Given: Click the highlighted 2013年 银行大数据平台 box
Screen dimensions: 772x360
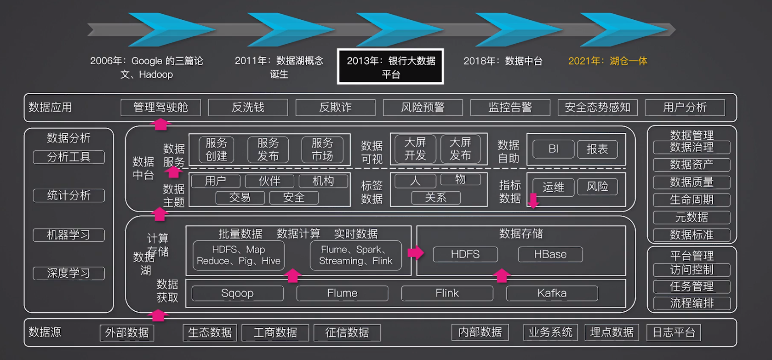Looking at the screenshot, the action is coord(390,67).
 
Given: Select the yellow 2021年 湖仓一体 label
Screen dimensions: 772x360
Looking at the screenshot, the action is coord(607,61).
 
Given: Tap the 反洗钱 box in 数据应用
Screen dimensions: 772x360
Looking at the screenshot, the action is coord(248,108).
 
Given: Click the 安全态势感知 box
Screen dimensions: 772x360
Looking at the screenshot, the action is coord(597,108).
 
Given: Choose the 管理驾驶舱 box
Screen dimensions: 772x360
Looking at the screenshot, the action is coord(160,108).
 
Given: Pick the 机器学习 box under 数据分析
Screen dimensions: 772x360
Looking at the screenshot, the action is coord(69,235).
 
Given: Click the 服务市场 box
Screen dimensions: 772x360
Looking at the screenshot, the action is coord(322,149).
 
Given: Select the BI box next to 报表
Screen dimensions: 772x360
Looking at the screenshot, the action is coord(553,149).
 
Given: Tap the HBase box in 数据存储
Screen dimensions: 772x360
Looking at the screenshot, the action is coord(550,254).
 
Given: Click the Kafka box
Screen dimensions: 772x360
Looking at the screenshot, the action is coord(552,293).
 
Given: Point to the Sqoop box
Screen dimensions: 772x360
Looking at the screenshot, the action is coord(237,293).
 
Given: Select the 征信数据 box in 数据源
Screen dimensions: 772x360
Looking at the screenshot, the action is coord(347,332).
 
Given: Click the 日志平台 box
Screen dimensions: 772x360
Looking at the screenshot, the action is coord(674,332).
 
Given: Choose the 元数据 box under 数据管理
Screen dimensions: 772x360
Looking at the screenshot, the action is coord(692,217).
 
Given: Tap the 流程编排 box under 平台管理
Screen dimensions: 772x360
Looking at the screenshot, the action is coord(692,303).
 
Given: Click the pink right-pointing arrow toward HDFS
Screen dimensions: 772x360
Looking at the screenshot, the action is coord(416,252).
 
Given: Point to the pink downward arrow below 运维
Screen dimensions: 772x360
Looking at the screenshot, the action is coord(533,201).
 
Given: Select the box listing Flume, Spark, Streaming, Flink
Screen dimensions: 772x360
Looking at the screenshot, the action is coord(355,255).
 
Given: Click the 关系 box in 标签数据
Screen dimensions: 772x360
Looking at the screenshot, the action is coord(435,198).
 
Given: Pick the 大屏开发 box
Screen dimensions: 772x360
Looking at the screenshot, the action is coord(415,149).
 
